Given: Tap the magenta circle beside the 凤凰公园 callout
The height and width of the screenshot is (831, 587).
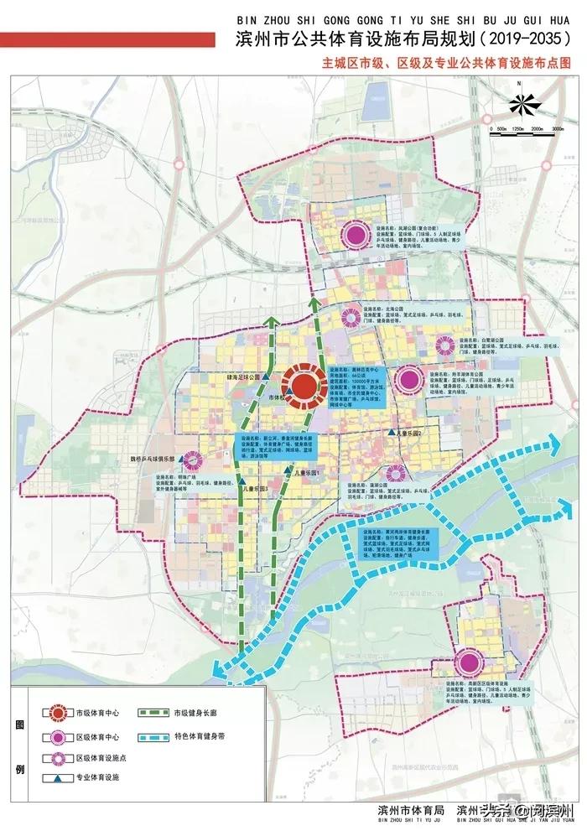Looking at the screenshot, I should coord(356,234).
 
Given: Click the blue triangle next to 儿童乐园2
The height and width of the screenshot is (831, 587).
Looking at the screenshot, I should coord(392,432).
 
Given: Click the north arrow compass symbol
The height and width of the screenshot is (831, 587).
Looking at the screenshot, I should coord(522,104).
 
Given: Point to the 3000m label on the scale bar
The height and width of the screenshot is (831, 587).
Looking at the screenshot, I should coord(556,129).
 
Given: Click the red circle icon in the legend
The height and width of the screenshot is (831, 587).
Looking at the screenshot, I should coord(57,713).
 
